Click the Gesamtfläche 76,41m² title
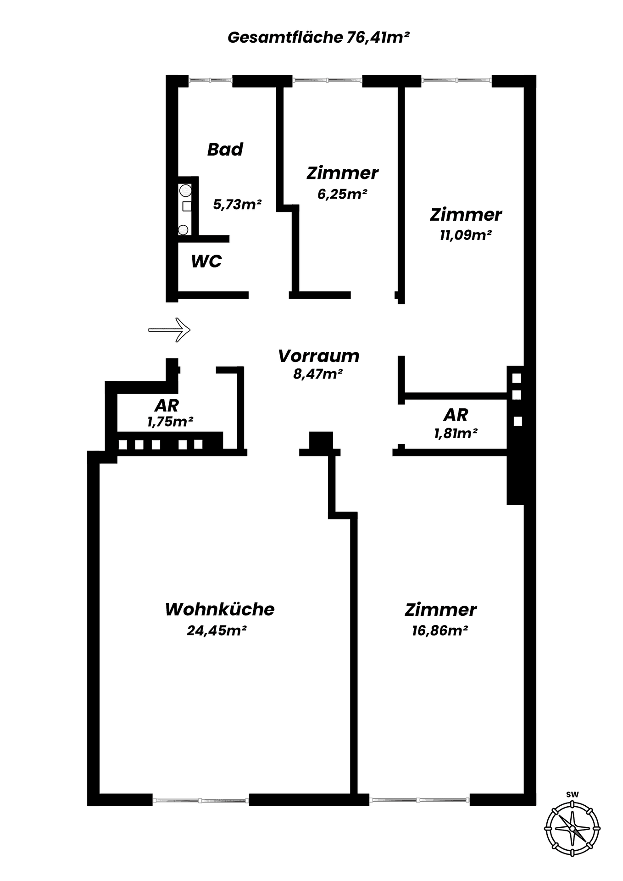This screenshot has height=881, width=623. [318, 37]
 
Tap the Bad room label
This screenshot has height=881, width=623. [225, 150]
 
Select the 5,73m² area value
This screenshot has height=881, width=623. [237, 204]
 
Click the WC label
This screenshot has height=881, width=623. [206, 261]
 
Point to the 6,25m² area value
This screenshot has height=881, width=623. [342, 194]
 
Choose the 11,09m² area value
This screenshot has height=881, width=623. [466, 235]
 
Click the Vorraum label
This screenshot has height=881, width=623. [318, 356]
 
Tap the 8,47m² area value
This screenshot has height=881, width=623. [318, 374]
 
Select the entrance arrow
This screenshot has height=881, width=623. [169, 329]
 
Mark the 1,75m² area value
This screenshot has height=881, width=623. [170, 421]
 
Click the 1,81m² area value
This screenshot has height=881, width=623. [456, 433]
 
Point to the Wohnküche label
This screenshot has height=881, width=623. [220, 609]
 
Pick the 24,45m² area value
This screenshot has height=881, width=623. [217, 630]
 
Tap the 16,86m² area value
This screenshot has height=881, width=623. [439, 630]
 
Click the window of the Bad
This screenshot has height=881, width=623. [211, 81]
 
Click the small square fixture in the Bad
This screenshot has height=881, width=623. [187, 206]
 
